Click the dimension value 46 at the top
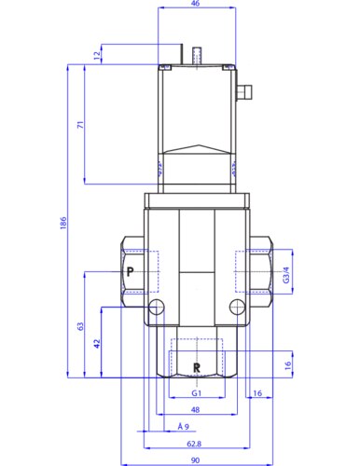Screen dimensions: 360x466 195,4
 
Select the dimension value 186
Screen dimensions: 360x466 63,223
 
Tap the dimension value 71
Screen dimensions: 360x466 80,125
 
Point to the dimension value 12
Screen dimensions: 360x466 97,55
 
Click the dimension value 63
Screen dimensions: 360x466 80,326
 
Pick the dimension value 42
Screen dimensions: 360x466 97,343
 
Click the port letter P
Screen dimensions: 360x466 131,272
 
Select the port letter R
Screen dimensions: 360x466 197,367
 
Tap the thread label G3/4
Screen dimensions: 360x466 286,275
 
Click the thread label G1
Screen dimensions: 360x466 197,393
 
